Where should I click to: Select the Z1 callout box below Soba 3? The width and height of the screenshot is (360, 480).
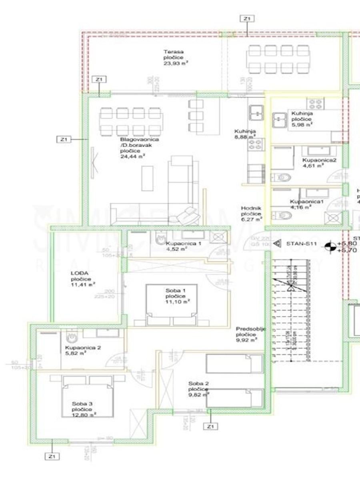pos(52,456)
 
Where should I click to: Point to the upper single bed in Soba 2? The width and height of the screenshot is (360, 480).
pos(234,364)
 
